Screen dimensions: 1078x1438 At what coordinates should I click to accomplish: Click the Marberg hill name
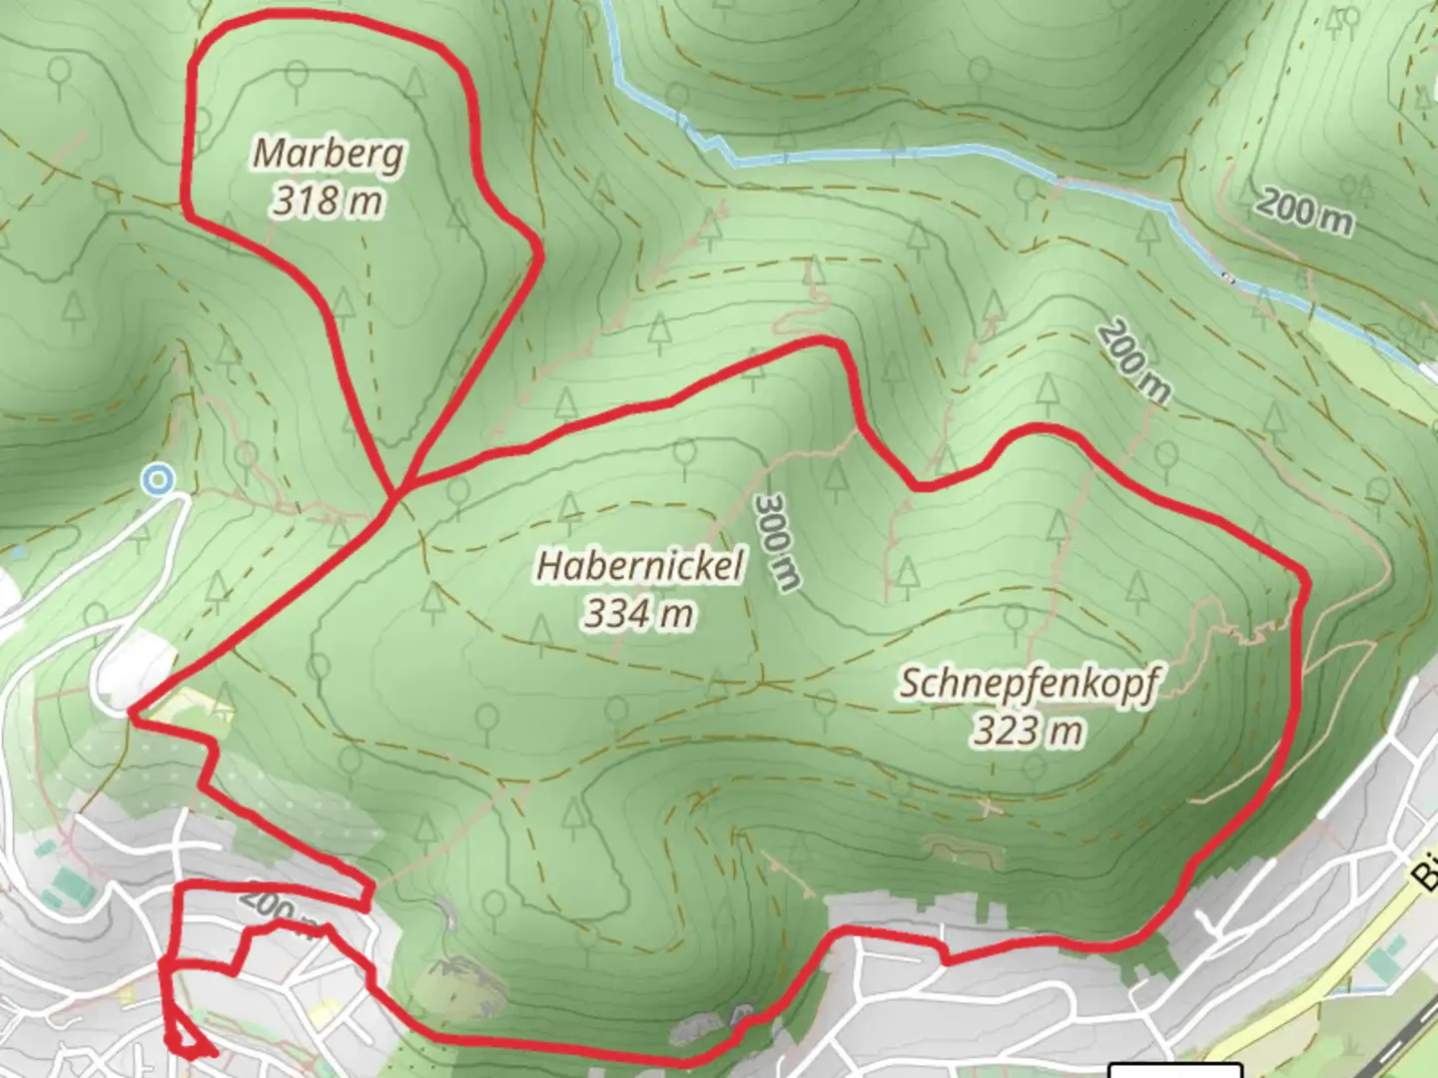click(x=329, y=154)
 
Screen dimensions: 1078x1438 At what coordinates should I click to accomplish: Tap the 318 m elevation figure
click(x=329, y=201)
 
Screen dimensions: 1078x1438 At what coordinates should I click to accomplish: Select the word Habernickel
click(x=640, y=566)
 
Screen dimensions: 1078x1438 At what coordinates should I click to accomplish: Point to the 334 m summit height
click(x=640, y=613)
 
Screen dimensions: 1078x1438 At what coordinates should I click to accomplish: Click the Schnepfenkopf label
click(x=1030, y=684)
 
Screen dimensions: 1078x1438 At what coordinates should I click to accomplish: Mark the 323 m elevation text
click(x=1030, y=731)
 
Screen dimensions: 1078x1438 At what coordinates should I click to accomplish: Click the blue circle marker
click(x=157, y=481)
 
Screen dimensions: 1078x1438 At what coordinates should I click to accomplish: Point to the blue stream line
click(x=899, y=155)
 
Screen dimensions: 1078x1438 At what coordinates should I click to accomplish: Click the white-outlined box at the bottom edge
click(x=1175, y=1070)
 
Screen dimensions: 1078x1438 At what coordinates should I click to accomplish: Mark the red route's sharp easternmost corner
click(x=1305, y=577)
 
